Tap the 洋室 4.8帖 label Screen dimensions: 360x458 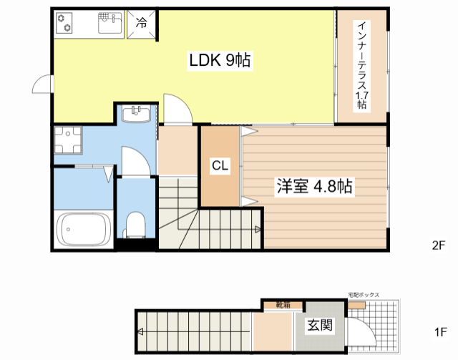click(314, 187)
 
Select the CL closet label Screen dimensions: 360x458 click(220, 166)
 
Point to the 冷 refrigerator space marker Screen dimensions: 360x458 click(142, 23)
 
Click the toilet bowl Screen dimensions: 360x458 click(134, 224)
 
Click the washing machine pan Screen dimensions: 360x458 click(68, 142)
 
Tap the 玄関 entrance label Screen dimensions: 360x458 click(320, 326)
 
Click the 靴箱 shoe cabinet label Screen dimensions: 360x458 click(283, 304)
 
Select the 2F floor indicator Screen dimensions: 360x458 click(438, 245)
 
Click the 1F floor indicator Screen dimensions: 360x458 click(440, 332)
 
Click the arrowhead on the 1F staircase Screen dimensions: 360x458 click(141, 331)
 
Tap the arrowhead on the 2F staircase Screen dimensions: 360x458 click(257, 229)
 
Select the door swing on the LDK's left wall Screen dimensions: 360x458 click(42, 86)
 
